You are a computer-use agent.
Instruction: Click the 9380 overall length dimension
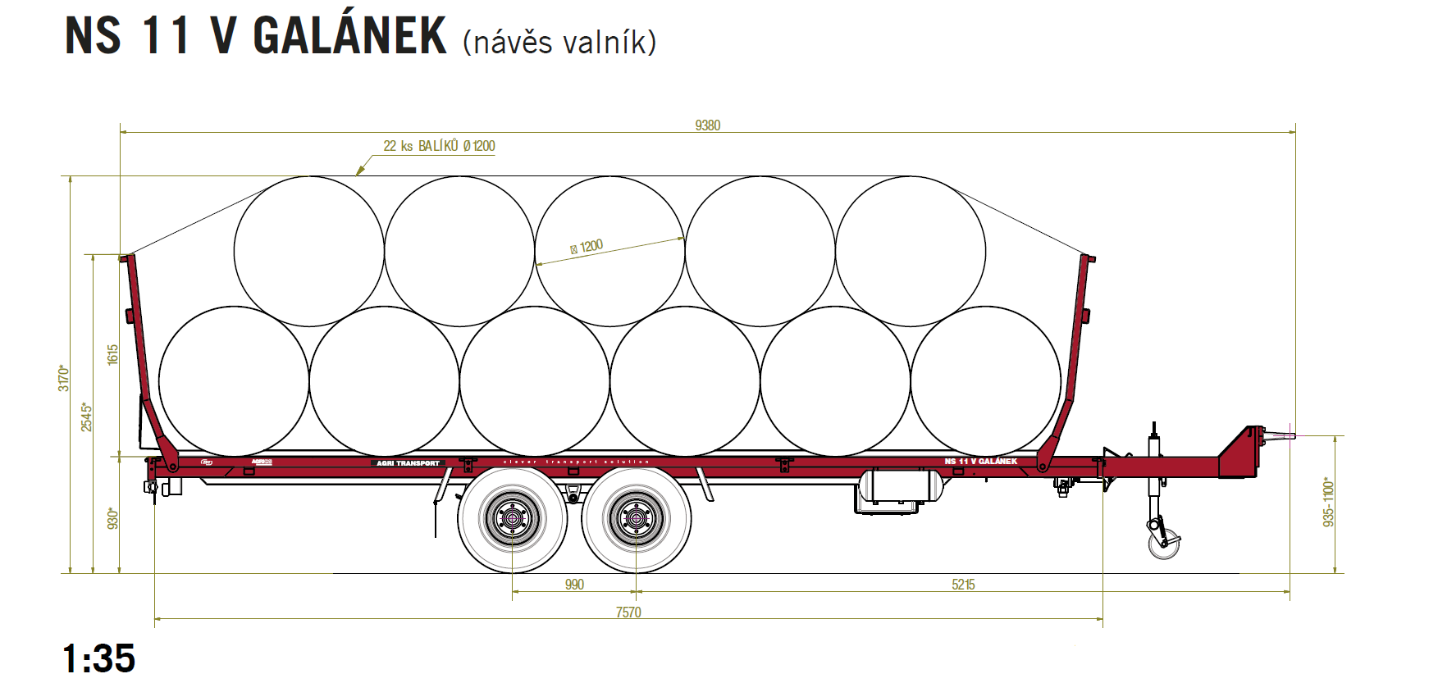[707, 125]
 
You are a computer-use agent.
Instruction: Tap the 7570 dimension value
[628, 612]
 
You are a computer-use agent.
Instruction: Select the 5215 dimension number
[963, 585]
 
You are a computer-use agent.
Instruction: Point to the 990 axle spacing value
[574, 585]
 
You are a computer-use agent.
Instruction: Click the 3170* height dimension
[64, 378]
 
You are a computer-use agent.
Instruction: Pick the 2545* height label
[87, 417]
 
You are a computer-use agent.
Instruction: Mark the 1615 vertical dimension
[113, 354]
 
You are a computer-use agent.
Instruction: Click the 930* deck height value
[113, 518]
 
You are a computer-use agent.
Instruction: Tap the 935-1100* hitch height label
[1329, 502]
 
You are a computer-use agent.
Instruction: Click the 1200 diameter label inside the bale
[587, 247]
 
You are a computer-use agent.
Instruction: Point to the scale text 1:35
[99, 658]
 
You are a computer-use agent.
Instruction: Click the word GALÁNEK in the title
[349, 36]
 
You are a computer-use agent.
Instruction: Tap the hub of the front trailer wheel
[636, 518]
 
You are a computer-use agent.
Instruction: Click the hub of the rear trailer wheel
[513, 518]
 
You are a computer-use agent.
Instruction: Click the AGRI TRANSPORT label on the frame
[408, 463]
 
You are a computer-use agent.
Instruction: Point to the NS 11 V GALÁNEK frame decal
[980, 461]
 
